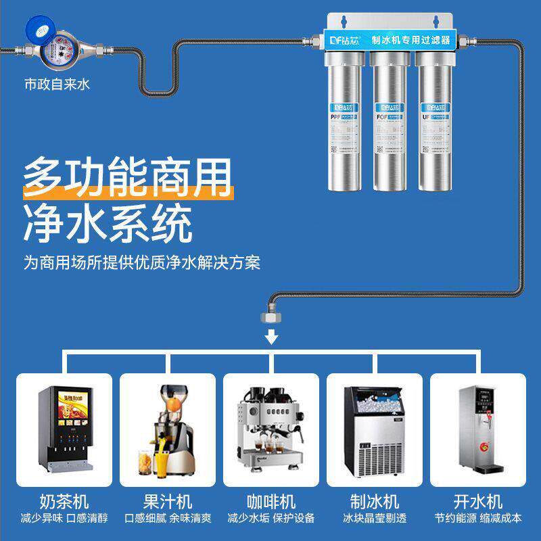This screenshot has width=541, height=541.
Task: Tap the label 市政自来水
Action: point(57,86)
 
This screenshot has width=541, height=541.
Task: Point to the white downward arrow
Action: point(272,336)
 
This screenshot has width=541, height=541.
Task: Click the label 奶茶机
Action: point(64,502)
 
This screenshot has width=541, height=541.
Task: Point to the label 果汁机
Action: point(168,502)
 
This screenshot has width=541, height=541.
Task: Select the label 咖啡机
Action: point(271,502)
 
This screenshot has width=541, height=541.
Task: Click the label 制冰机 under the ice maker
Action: point(375,502)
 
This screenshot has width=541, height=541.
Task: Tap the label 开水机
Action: point(478,502)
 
